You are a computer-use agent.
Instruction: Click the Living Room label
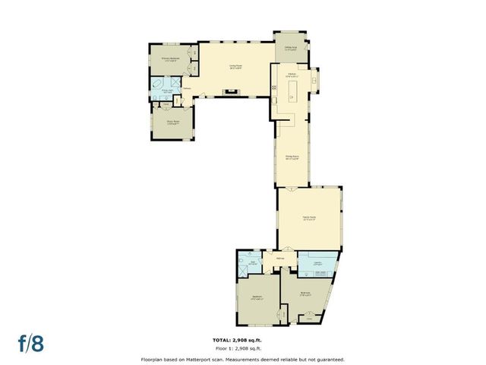coord(235,66)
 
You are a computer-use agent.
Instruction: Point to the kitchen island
coord(292,93)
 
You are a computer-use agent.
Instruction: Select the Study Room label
coord(172,121)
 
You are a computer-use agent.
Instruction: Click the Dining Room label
coord(292,159)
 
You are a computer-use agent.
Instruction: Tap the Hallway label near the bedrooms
coord(279,259)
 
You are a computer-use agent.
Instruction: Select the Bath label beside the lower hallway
coord(254,264)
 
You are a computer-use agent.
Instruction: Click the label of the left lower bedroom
coord(257,298)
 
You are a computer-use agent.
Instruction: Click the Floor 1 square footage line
coord(242,348)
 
